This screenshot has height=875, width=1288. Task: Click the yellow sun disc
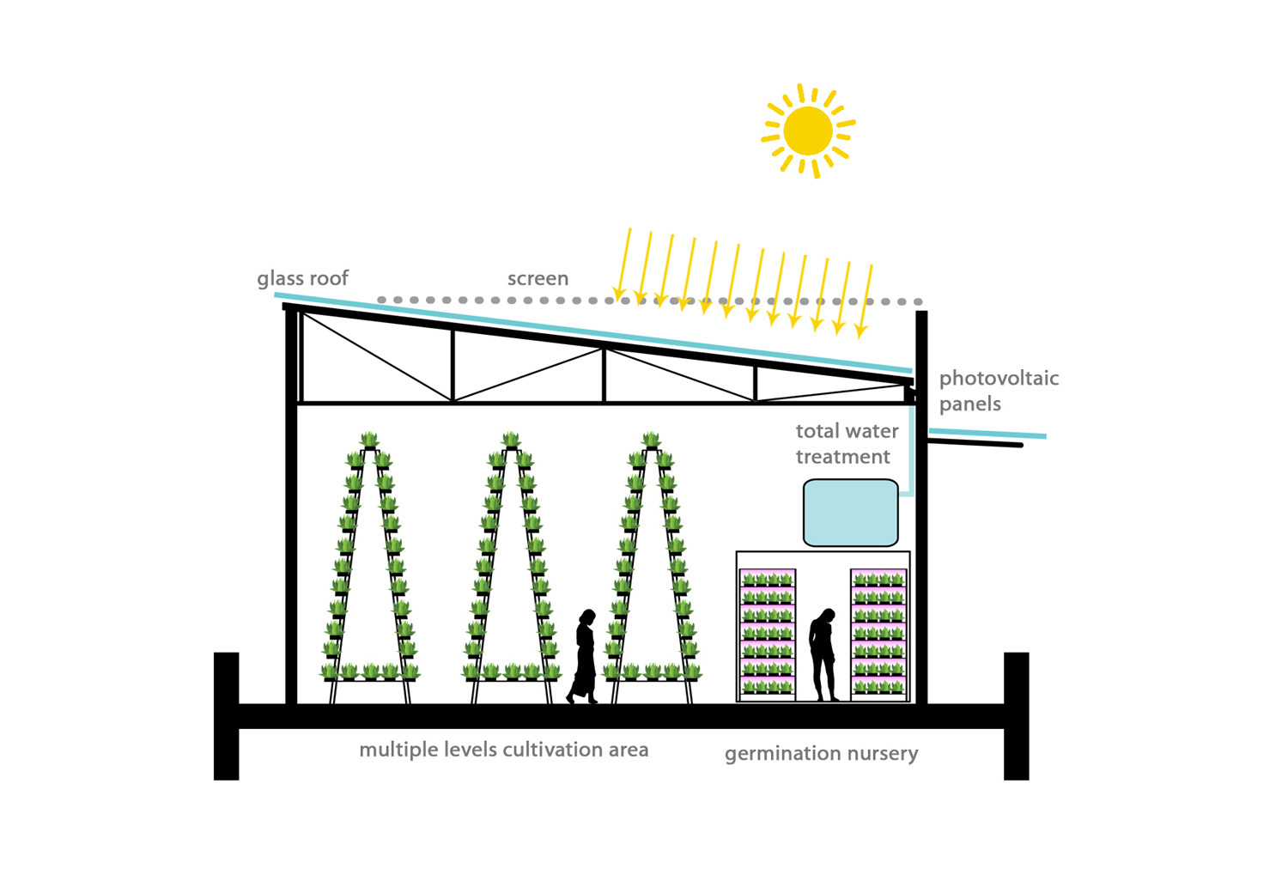(808, 131)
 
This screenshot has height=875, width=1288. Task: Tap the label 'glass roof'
(302, 278)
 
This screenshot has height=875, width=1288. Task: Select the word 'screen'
(538, 278)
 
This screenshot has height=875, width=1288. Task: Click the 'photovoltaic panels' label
(998, 391)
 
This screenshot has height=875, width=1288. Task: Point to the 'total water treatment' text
(846, 443)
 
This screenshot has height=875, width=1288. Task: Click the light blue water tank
(850, 513)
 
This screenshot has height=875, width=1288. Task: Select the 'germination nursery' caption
(821, 753)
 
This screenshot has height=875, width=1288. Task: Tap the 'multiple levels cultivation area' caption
(503, 750)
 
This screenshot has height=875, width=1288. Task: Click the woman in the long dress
(585, 657)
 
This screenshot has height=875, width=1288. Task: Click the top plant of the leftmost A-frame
(369, 441)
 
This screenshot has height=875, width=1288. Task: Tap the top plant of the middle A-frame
(511, 441)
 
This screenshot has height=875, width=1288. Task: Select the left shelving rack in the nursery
(767, 634)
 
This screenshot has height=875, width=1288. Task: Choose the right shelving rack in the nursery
(878, 634)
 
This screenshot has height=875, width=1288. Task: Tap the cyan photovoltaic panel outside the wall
(987, 433)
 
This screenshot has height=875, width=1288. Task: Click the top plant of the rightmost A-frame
(651, 441)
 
